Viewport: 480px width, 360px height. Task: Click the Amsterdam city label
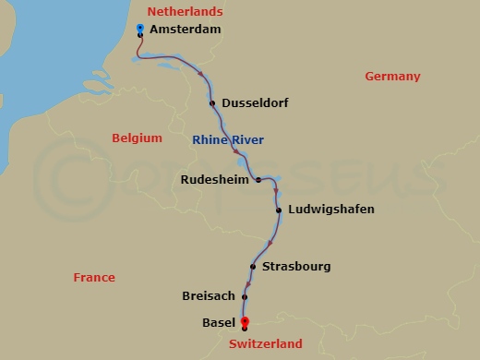[x=186, y=30]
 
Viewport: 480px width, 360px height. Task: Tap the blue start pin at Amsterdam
[x=139, y=30]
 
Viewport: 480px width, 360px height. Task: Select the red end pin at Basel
[x=244, y=321]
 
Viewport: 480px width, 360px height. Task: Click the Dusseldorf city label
[x=256, y=103]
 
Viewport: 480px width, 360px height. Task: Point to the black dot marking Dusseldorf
[x=212, y=103]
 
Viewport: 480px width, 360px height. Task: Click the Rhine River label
[x=227, y=140]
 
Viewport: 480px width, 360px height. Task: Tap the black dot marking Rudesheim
[x=258, y=180]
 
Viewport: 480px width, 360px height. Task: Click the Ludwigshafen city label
[x=331, y=210]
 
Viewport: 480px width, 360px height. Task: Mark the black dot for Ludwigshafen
[x=279, y=210]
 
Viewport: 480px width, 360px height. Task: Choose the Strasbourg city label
[x=296, y=267]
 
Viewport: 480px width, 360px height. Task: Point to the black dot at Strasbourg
[x=252, y=267]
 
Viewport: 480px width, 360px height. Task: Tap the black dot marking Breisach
[x=245, y=297]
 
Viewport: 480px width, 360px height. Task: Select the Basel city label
[x=218, y=323]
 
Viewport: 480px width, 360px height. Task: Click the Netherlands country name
[x=185, y=12]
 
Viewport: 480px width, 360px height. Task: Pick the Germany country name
[x=392, y=77]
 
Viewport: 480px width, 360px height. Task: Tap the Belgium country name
[x=137, y=138]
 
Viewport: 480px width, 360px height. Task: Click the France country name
[x=94, y=278]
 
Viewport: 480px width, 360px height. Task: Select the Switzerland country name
[x=266, y=344]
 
